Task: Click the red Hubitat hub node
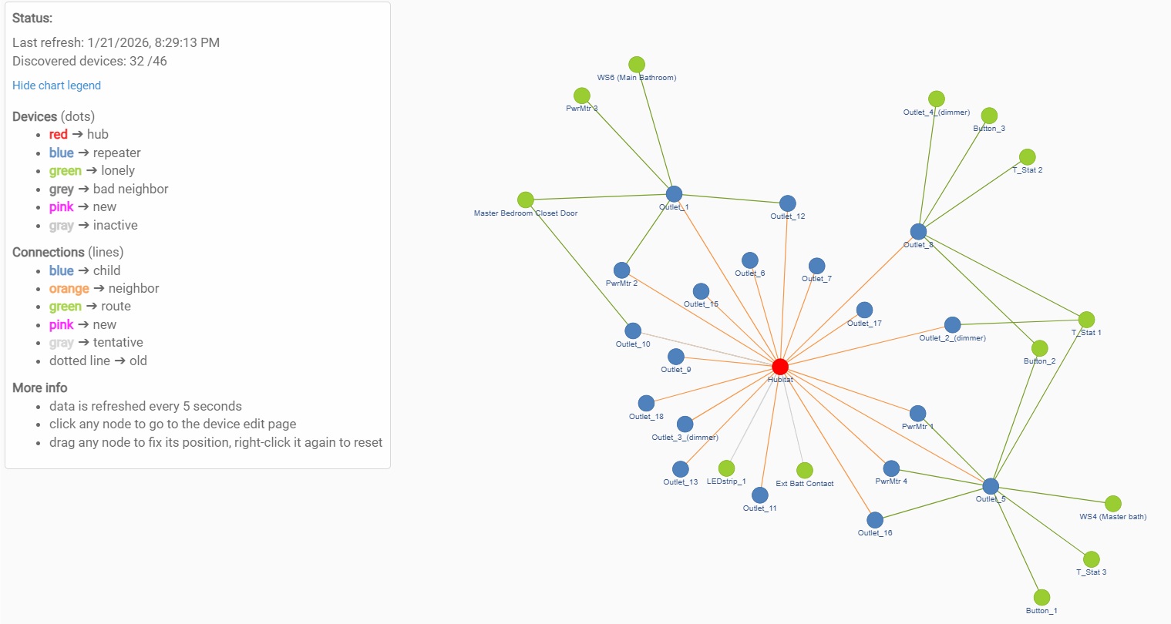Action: [x=780, y=367]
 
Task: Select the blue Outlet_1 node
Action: [x=674, y=194]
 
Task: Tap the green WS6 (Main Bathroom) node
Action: [x=636, y=65]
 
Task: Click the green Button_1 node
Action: [x=1041, y=598]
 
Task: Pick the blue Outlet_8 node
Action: [x=918, y=232]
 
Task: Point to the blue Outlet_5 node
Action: [x=991, y=486]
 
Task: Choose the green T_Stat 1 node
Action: [x=1086, y=320]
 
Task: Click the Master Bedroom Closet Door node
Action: [x=526, y=200]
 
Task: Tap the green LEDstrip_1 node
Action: [x=726, y=468]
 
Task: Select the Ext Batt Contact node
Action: [x=805, y=471]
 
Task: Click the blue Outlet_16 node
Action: [x=875, y=520]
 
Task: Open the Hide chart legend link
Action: [x=56, y=86]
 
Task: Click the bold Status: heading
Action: [x=32, y=18]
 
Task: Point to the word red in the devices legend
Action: [x=59, y=135]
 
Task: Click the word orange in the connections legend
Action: [x=69, y=289]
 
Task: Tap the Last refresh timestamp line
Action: [x=116, y=42]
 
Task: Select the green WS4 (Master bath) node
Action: [x=1112, y=504]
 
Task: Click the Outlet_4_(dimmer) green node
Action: [x=936, y=99]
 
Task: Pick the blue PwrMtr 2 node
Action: [x=621, y=270]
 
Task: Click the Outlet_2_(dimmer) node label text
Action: [x=952, y=338]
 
